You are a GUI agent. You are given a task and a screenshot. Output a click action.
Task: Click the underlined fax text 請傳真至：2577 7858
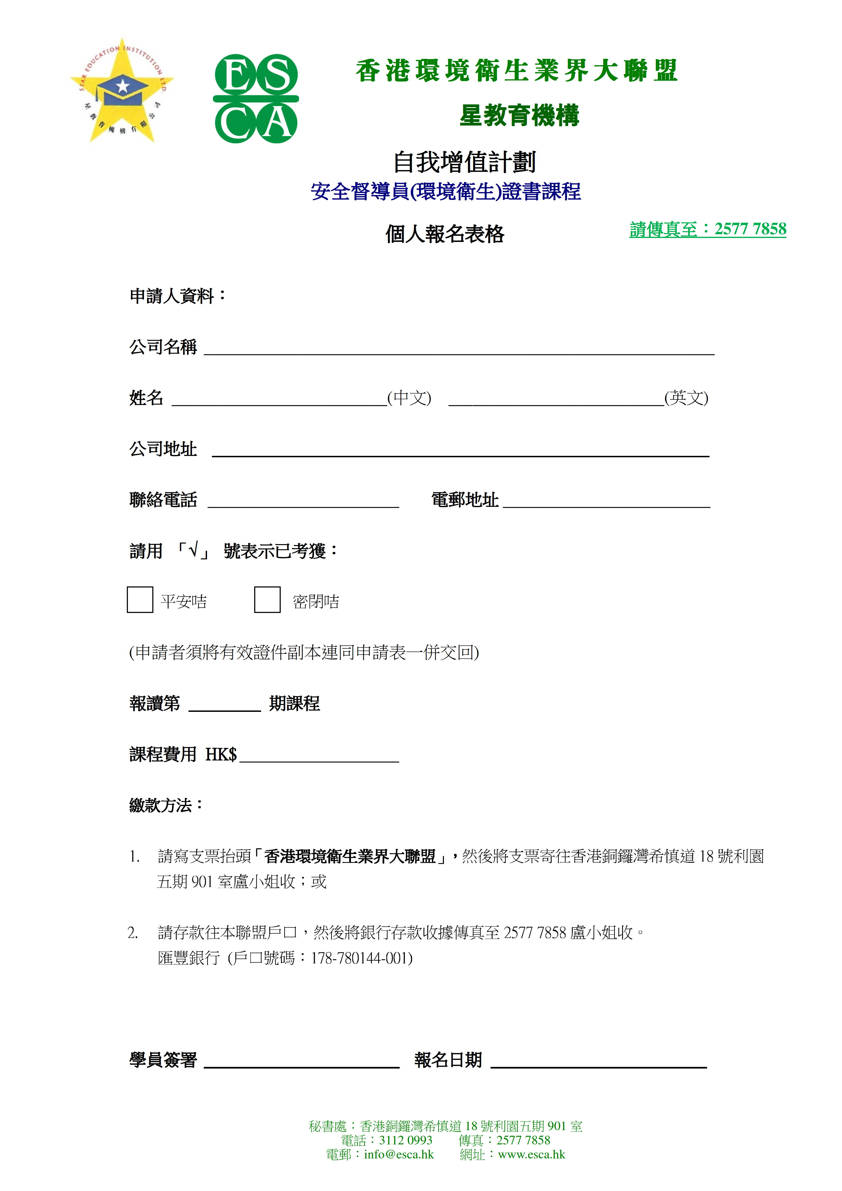[x=708, y=229]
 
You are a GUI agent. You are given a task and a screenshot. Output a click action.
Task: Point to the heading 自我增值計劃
[x=464, y=162]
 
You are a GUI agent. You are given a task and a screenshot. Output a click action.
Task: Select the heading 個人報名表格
[x=445, y=234]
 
